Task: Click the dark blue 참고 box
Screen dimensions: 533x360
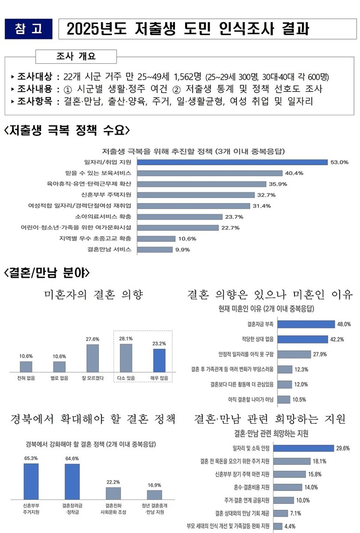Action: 28,29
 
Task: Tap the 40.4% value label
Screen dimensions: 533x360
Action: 294,173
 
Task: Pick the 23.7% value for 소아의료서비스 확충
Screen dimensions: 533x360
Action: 234,216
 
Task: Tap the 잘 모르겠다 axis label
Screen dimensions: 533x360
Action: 92,378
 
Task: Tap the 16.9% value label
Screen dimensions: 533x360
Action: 154,485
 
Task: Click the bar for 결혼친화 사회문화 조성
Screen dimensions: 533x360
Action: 113,493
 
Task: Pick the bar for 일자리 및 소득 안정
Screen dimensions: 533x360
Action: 303,448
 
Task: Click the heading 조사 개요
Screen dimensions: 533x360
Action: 76,57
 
